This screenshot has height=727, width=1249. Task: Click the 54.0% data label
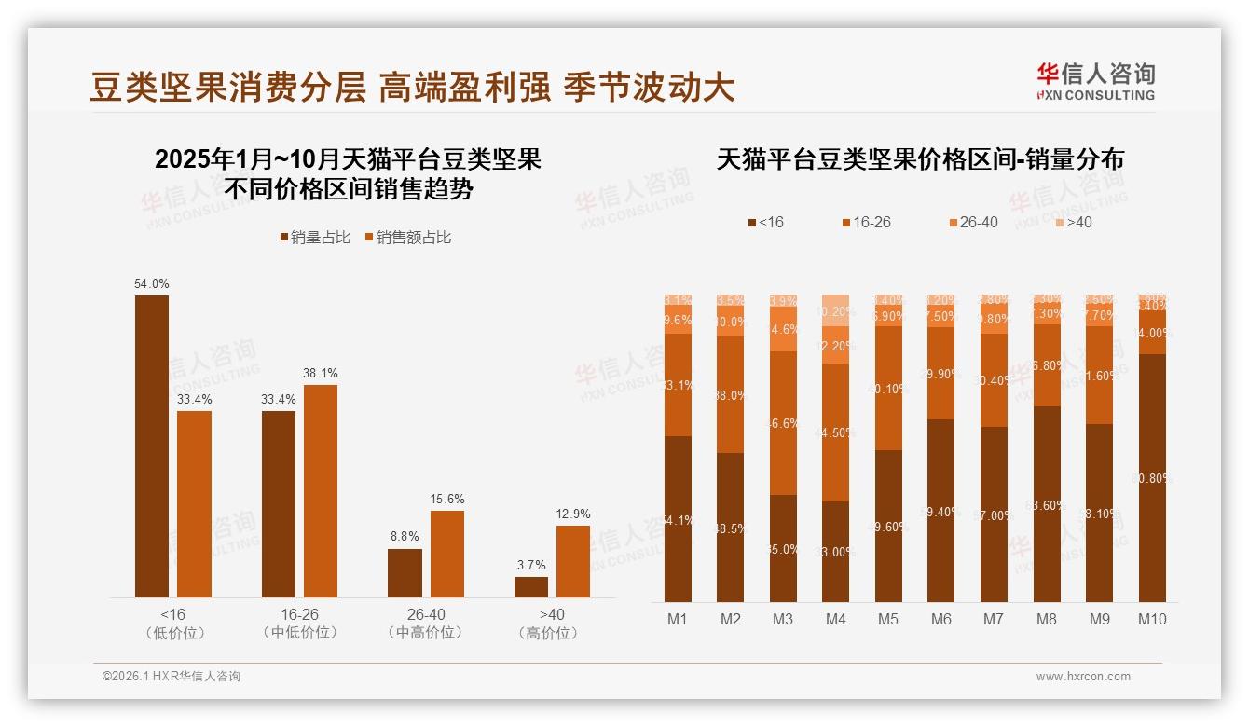152,283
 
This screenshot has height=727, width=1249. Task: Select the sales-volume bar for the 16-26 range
279,503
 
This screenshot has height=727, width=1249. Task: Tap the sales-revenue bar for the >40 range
573,561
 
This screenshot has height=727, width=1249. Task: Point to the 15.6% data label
446,499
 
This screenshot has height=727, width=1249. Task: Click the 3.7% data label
531,565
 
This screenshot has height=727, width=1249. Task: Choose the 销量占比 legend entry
315,238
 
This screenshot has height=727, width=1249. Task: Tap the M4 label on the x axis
836,619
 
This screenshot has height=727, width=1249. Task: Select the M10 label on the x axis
1152,619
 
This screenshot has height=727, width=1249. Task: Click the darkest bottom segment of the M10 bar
1152,477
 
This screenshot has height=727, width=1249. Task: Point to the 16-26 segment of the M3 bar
783,423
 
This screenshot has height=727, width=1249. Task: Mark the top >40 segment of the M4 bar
836,309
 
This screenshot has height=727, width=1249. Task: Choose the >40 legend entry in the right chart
1073,223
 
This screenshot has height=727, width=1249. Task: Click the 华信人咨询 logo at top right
1095,81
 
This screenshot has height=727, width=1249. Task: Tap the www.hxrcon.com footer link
1083,677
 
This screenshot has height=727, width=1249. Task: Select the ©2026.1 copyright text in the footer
171,677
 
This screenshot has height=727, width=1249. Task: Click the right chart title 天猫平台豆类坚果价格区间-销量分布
920,159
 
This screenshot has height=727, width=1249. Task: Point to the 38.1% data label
320,373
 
